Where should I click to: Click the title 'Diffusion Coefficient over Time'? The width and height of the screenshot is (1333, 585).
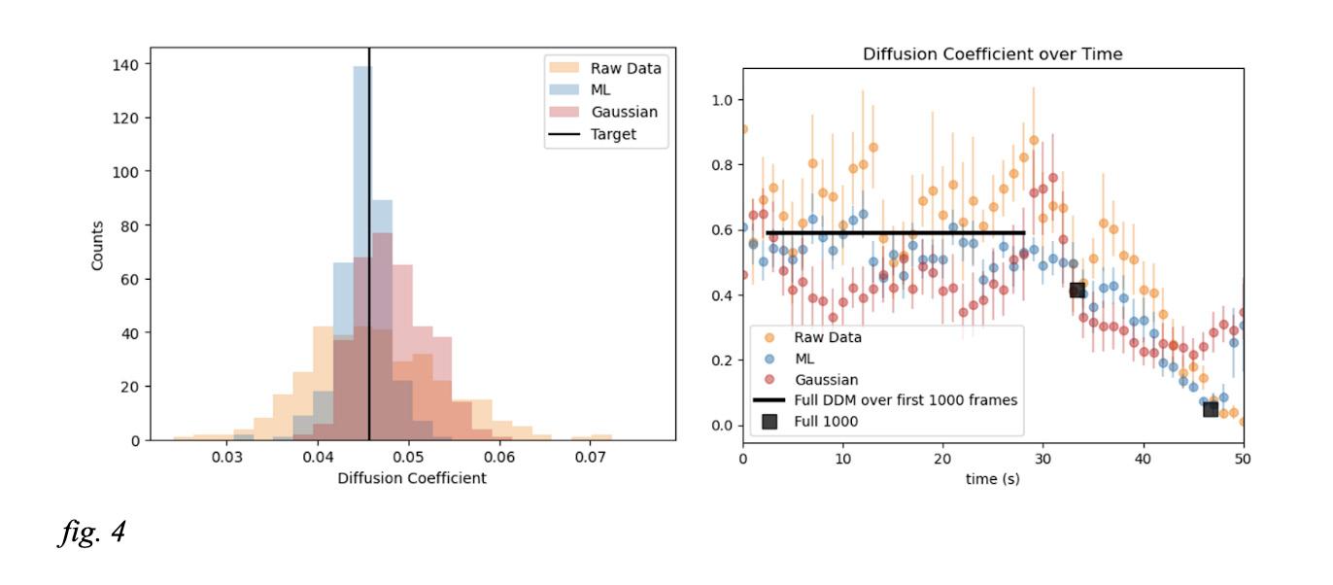(992, 54)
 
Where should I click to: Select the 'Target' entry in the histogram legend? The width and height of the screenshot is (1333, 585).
(613, 134)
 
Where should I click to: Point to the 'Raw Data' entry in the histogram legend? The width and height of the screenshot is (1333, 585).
(626, 68)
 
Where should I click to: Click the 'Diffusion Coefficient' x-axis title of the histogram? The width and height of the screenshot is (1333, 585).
(412, 478)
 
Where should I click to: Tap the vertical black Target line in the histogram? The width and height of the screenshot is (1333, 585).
(369, 292)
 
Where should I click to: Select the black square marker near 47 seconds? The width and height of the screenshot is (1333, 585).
(1211, 409)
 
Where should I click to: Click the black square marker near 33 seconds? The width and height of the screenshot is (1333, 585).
(1077, 290)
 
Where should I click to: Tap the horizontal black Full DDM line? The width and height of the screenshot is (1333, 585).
(894, 232)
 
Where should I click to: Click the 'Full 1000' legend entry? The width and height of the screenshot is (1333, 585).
(828, 421)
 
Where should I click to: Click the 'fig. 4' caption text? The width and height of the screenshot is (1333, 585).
(91, 533)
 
